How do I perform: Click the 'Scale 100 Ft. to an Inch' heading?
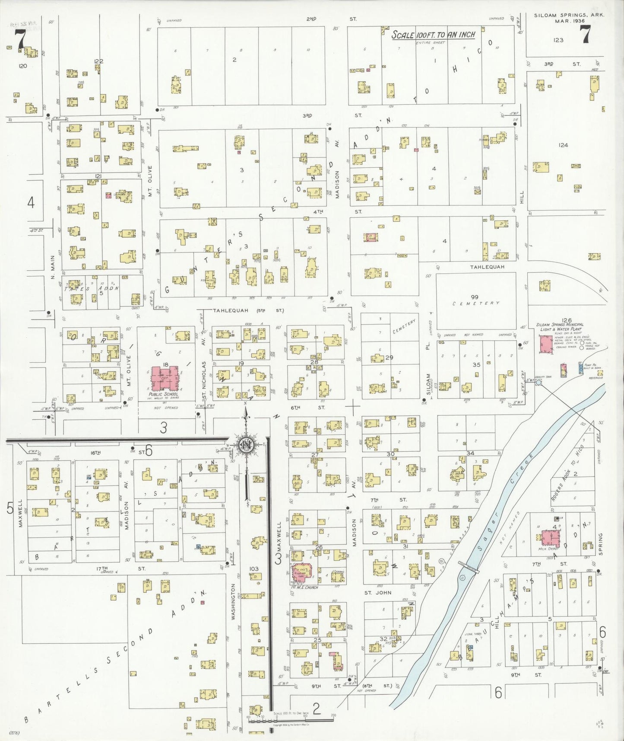coord(433,35)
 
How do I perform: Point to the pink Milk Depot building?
coord(548,538)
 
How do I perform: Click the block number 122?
coord(99,61)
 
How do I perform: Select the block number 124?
coord(563,145)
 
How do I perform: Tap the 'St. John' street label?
coord(377,593)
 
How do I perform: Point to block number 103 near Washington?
coord(254,569)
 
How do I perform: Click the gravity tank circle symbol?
coord(538,383)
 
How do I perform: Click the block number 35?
coord(476,364)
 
